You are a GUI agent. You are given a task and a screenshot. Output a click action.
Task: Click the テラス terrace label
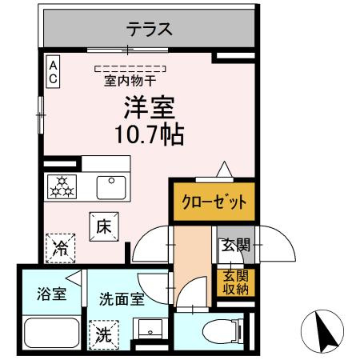click(149, 30)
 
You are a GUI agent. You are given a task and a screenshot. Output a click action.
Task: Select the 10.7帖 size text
click(148, 133)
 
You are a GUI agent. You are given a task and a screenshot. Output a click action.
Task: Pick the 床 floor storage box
click(103, 226)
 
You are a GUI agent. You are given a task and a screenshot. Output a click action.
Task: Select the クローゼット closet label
click(212, 201)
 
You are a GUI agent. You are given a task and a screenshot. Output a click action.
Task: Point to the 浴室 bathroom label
click(50, 292)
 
